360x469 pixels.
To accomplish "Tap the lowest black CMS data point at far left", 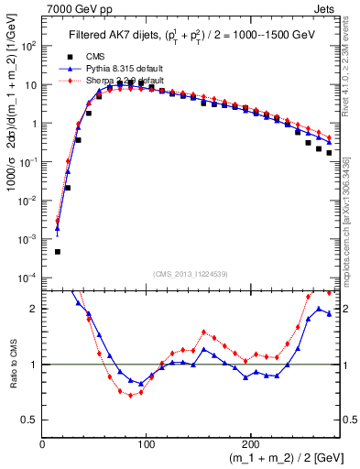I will [x=57, y=251].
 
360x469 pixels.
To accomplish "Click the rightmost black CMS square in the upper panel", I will [x=329, y=153].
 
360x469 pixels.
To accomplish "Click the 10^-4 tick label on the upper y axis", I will [x=28, y=278].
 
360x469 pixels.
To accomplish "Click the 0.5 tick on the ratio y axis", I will [x=30, y=420].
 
